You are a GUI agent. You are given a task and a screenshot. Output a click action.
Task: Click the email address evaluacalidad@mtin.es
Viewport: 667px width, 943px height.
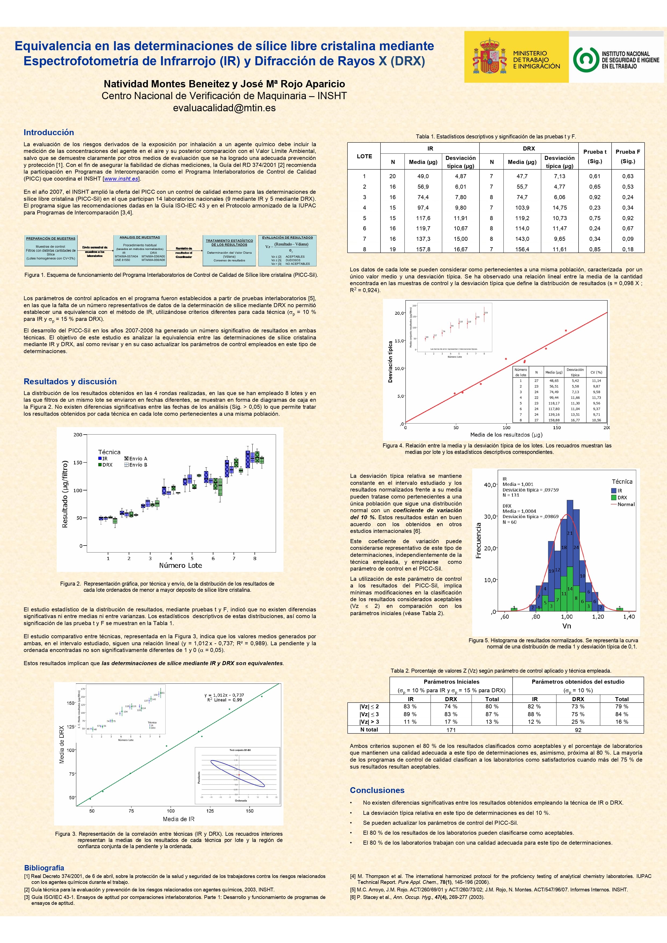224,108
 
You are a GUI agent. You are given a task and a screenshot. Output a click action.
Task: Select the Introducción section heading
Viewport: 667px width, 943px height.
48,132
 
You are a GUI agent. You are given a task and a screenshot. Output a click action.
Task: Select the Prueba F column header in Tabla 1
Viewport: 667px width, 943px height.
627,156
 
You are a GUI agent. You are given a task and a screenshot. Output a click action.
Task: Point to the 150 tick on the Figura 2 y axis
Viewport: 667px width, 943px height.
78,462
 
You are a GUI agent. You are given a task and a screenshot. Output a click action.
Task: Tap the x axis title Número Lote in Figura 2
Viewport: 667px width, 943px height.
180,565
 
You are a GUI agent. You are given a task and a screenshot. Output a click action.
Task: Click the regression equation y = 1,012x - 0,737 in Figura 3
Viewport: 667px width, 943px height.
224,695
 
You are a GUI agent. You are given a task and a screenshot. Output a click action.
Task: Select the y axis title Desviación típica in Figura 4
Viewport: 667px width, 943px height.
390,362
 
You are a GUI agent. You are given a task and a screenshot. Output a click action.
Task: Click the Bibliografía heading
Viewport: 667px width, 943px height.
44,868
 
